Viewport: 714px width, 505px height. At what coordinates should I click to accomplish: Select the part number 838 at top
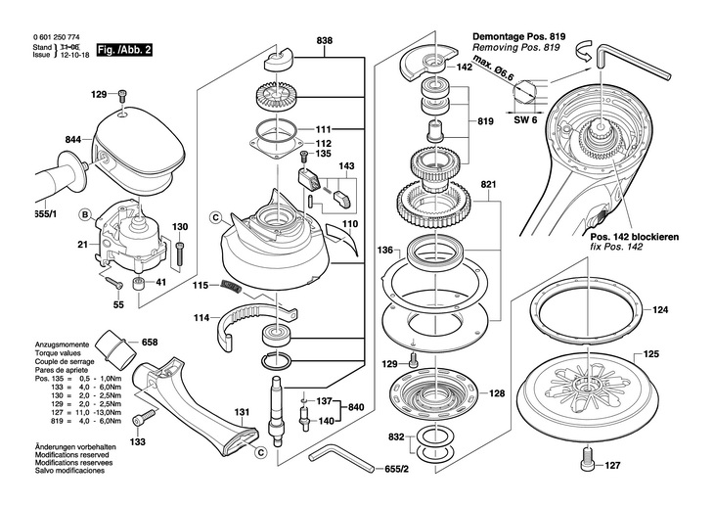click(x=325, y=40)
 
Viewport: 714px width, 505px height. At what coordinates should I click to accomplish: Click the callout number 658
click(x=150, y=343)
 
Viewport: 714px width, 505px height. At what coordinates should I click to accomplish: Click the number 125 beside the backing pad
click(x=651, y=353)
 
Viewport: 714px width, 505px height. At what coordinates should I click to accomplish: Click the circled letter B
click(x=85, y=214)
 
